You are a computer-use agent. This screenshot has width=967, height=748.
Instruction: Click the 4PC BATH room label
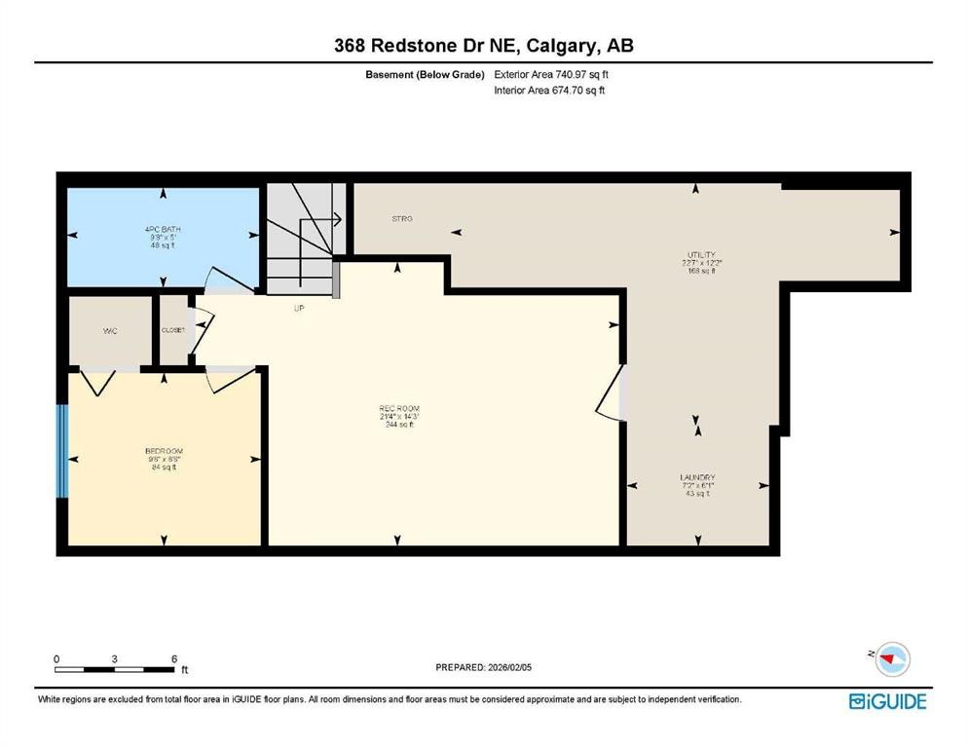(163, 230)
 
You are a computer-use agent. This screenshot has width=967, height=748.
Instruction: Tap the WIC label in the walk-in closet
(110, 331)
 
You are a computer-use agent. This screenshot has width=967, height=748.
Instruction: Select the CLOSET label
(173, 330)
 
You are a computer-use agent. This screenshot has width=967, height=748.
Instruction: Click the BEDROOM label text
(163, 451)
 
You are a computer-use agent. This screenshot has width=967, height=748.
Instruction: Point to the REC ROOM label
(398, 408)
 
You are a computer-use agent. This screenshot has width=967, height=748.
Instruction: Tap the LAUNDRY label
(698, 477)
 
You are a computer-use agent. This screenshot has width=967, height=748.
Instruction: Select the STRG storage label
(402, 219)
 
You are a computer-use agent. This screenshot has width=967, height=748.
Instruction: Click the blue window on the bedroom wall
(61, 450)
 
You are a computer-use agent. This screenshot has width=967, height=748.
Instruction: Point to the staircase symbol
(302, 239)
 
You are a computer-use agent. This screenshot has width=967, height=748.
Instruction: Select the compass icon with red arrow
(892, 660)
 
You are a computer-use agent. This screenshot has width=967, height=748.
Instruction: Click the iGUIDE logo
(887, 700)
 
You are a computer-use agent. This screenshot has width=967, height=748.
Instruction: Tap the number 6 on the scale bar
(173, 658)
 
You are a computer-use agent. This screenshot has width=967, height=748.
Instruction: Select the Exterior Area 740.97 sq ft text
(552, 74)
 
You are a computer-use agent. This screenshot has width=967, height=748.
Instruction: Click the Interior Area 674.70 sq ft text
(551, 91)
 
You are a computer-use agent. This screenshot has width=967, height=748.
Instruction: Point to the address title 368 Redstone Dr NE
(483, 46)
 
